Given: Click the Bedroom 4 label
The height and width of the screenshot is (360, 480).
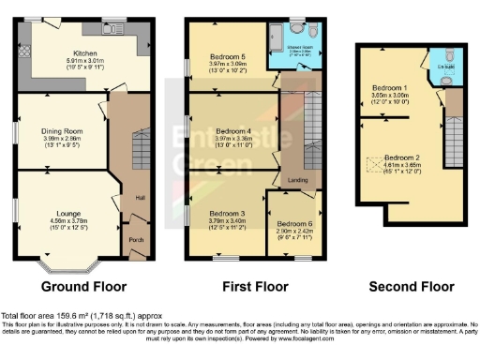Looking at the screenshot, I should [233, 130].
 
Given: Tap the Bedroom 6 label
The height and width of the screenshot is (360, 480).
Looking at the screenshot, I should [294, 222].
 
